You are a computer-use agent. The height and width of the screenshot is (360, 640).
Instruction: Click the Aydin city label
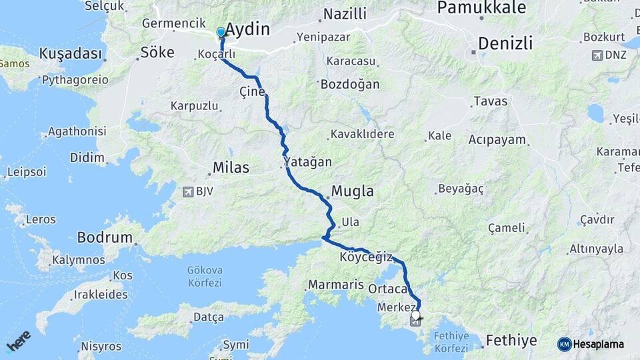click(247, 29)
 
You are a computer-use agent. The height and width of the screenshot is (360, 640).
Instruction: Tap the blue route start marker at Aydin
click(221, 32)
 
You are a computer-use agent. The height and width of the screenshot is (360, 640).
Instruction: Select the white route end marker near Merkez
click(416, 315)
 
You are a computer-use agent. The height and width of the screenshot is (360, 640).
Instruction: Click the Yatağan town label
click(307, 163)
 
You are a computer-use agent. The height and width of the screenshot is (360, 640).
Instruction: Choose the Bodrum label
click(105, 237)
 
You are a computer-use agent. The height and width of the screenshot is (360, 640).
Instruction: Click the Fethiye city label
click(511, 341)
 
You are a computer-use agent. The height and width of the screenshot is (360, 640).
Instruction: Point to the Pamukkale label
click(481, 8)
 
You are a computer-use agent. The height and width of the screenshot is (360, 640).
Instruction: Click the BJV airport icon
click(188, 192)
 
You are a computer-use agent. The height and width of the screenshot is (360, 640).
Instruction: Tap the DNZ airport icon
click(597, 55)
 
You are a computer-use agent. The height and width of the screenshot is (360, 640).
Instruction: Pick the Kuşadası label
click(71, 53)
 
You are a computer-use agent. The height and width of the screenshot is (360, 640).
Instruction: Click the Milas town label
click(231, 167)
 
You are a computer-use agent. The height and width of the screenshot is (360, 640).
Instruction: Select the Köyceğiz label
click(366, 257)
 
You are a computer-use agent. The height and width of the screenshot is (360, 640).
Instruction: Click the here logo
click(19, 341)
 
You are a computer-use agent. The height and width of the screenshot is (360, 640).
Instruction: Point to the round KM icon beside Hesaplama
click(564, 344)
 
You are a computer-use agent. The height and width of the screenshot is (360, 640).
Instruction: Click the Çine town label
click(252, 91)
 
